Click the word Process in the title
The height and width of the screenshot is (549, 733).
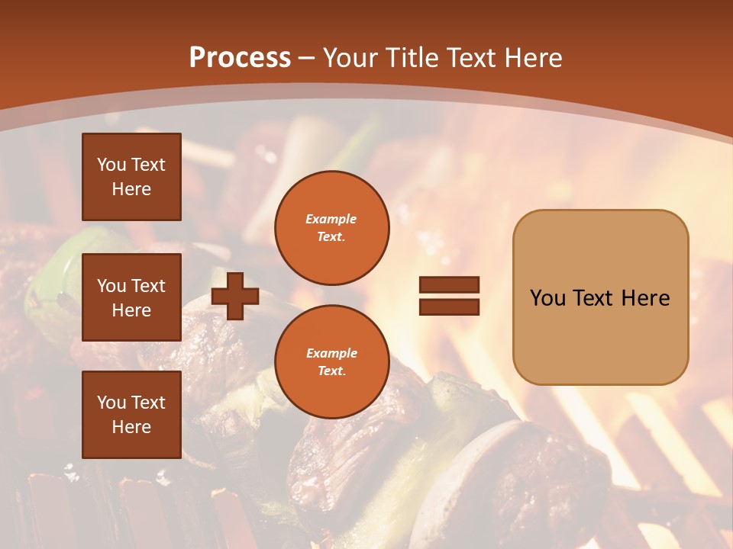[240, 58]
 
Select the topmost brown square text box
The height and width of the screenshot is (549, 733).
[131, 177]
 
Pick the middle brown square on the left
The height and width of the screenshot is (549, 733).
[131, 297]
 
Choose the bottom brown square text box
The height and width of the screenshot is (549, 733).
[131, 414]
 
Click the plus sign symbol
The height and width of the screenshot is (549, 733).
[235, 296]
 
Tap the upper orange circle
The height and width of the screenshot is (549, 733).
[331, 227]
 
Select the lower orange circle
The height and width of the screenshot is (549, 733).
[331, 361]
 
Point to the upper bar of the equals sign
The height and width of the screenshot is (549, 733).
[449, 285]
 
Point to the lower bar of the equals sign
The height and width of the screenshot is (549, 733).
[449, 307]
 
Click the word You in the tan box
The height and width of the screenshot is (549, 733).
[548, 298]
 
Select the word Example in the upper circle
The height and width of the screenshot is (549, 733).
[331, 219]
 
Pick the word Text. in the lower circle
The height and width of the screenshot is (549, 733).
[331, 371]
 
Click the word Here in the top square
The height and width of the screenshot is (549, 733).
[131, 189]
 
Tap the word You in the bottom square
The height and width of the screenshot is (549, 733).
[111, 403]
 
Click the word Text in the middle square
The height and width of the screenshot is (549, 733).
[148, 286]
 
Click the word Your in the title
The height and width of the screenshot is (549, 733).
[351, 58]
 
